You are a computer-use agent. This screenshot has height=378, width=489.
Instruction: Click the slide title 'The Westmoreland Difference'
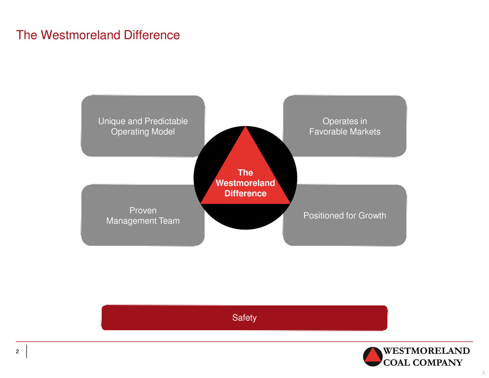(x=98, y=35)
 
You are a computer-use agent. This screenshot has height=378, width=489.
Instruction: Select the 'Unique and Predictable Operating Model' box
(x=143, y=126)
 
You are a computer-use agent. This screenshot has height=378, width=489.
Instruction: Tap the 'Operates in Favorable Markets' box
(x=345, y=126)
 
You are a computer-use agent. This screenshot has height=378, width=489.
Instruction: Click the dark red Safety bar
(x=244, y=318)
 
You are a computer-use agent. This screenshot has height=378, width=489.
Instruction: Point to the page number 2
(x=17, y=352)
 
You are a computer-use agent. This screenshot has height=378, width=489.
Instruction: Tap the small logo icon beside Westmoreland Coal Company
(x=373, y=357)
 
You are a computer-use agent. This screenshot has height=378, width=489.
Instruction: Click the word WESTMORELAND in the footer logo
(x=426, y=351)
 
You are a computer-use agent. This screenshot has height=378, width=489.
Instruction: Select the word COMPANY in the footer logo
(x=438, y=362)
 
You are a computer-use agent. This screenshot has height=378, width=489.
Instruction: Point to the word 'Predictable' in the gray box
(x=166, y=121)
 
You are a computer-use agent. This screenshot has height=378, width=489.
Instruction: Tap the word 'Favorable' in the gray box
(x=328, y=132)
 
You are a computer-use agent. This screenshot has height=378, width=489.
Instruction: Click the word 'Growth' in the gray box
(x=372, y=216)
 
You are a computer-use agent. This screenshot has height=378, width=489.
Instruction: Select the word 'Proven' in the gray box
(x=143, y=211)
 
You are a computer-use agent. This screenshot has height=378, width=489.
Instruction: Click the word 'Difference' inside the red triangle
(x=245, y=193)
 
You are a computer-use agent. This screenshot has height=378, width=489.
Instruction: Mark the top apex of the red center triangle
(x=246, y=126)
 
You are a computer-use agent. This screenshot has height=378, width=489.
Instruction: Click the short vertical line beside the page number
(x=27, y=352)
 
